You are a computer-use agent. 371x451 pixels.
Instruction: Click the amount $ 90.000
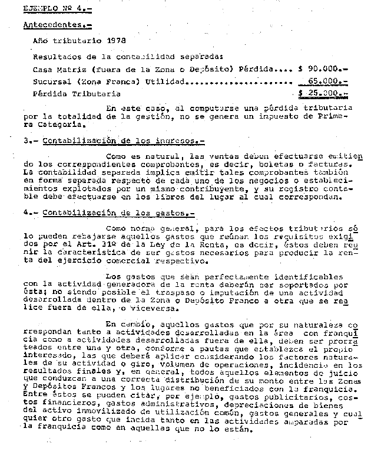(323, 69)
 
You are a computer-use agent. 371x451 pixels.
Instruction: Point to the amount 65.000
(328, 81)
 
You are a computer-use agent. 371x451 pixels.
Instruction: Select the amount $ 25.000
(323, 94)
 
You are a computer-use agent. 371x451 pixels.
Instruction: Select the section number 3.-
(30, 141)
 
